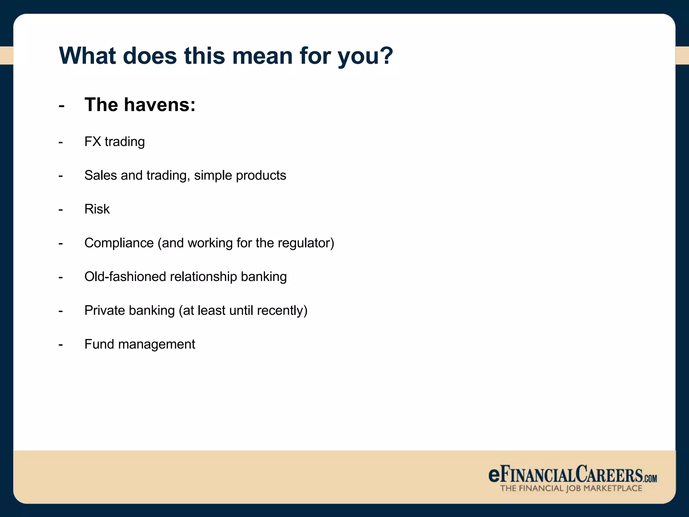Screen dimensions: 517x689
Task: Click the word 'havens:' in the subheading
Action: pyautogui.click(x=159, y=105)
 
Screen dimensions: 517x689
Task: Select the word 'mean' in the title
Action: pyautogui.click(x=262, y=56)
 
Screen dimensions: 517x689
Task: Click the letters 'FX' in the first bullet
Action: pyautogui.click(x=93, y=142)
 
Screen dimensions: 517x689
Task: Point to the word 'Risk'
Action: pyautogui.click(x=97, y=209)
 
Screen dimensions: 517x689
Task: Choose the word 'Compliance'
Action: pyautogui.click(x=119, y=243)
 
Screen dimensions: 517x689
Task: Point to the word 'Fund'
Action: pyautogui.click(x=99, y=344)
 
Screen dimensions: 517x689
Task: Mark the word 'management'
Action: pyautogui.click(x=156, y=344)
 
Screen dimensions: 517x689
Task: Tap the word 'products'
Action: pyautogui.click(x=261, y=175)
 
